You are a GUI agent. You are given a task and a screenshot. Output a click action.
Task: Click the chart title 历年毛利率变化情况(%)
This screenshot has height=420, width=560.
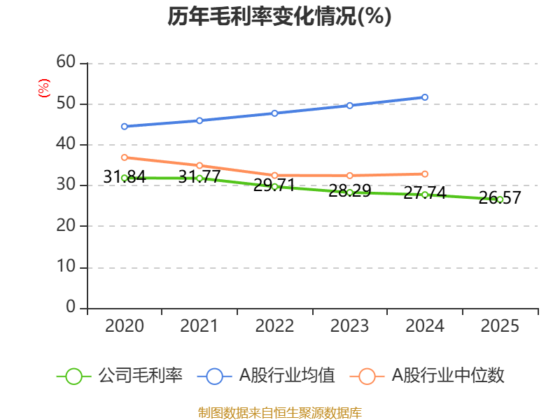(279, 16)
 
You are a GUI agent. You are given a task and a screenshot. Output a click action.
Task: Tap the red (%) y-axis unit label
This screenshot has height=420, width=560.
(43, 88)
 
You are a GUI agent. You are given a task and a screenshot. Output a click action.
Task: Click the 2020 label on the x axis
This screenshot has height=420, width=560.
(125, 326)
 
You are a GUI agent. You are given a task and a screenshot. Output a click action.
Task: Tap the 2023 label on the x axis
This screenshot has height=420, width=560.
(350, 326)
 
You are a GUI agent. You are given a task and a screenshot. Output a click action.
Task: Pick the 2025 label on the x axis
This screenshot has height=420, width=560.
(500, 326)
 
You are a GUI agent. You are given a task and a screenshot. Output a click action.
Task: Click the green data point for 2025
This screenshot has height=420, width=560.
(500, 199)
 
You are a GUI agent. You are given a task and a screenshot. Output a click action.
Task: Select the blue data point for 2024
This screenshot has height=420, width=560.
(425, 97)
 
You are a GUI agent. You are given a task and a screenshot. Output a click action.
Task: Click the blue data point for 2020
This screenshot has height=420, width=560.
(125, 127)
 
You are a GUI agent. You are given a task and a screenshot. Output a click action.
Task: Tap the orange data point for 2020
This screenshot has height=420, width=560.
(125, 157)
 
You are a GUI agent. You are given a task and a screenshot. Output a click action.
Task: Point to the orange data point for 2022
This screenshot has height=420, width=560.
(274, 175)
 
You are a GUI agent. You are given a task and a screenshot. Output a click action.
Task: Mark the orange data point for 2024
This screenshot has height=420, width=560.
(425, 174)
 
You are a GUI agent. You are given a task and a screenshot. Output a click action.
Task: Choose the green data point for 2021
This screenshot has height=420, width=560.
(199, 178)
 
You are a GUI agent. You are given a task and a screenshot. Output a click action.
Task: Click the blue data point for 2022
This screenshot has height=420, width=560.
(274, 113)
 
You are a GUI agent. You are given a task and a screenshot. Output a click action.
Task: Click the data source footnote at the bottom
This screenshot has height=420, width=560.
(279, 412)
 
